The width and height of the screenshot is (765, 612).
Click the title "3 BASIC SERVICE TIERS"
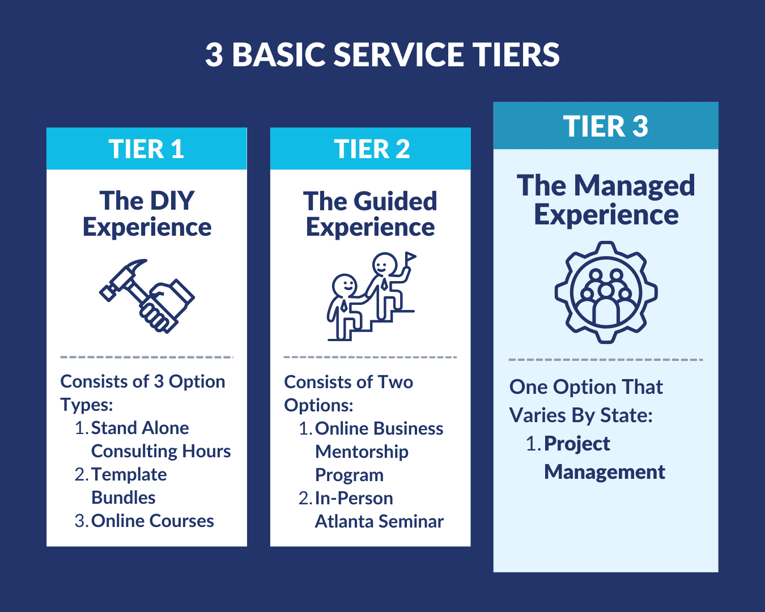pyautogui.click(x=382, y=55)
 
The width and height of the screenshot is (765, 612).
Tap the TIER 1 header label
pyautogui.click(x=146, y=149)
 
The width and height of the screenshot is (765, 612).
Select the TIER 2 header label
pyautogui.click(x=372, y=149)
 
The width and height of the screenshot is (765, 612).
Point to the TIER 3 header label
pyautogui.click(x=605, y=126)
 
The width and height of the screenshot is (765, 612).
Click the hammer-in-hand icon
pyautogui.click(x=147, y=296)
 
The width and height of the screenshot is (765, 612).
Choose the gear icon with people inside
pyautogui.click(x=606, y=292)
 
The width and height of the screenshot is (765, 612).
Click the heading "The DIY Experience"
pyautogui.click(x=147, y=214)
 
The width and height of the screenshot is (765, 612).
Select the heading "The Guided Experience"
pyautogui.click(x=371, y=214)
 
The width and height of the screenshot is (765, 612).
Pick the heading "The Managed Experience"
pyautogui.click(x=606, y=200)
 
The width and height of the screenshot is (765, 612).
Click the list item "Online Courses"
pyautogui.click(x=152, y=521)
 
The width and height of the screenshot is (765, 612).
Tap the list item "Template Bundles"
pyautogui.click(x=129, y=486)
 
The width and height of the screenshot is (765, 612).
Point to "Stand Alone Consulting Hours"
pyautogui.click(x=160, y=439)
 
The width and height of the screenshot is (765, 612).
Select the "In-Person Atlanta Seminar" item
pyautogui.click(x=379, y=509)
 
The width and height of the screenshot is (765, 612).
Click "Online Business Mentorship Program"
pyautogui.click(x=379, y=452)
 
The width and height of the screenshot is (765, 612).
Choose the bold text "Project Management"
pyautogui.click(x=604, y=458)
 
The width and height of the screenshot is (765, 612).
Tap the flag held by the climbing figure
pyautogui.click(x=410, y=258)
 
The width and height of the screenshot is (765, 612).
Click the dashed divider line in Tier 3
pyautogui.click(x=606, y=360)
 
